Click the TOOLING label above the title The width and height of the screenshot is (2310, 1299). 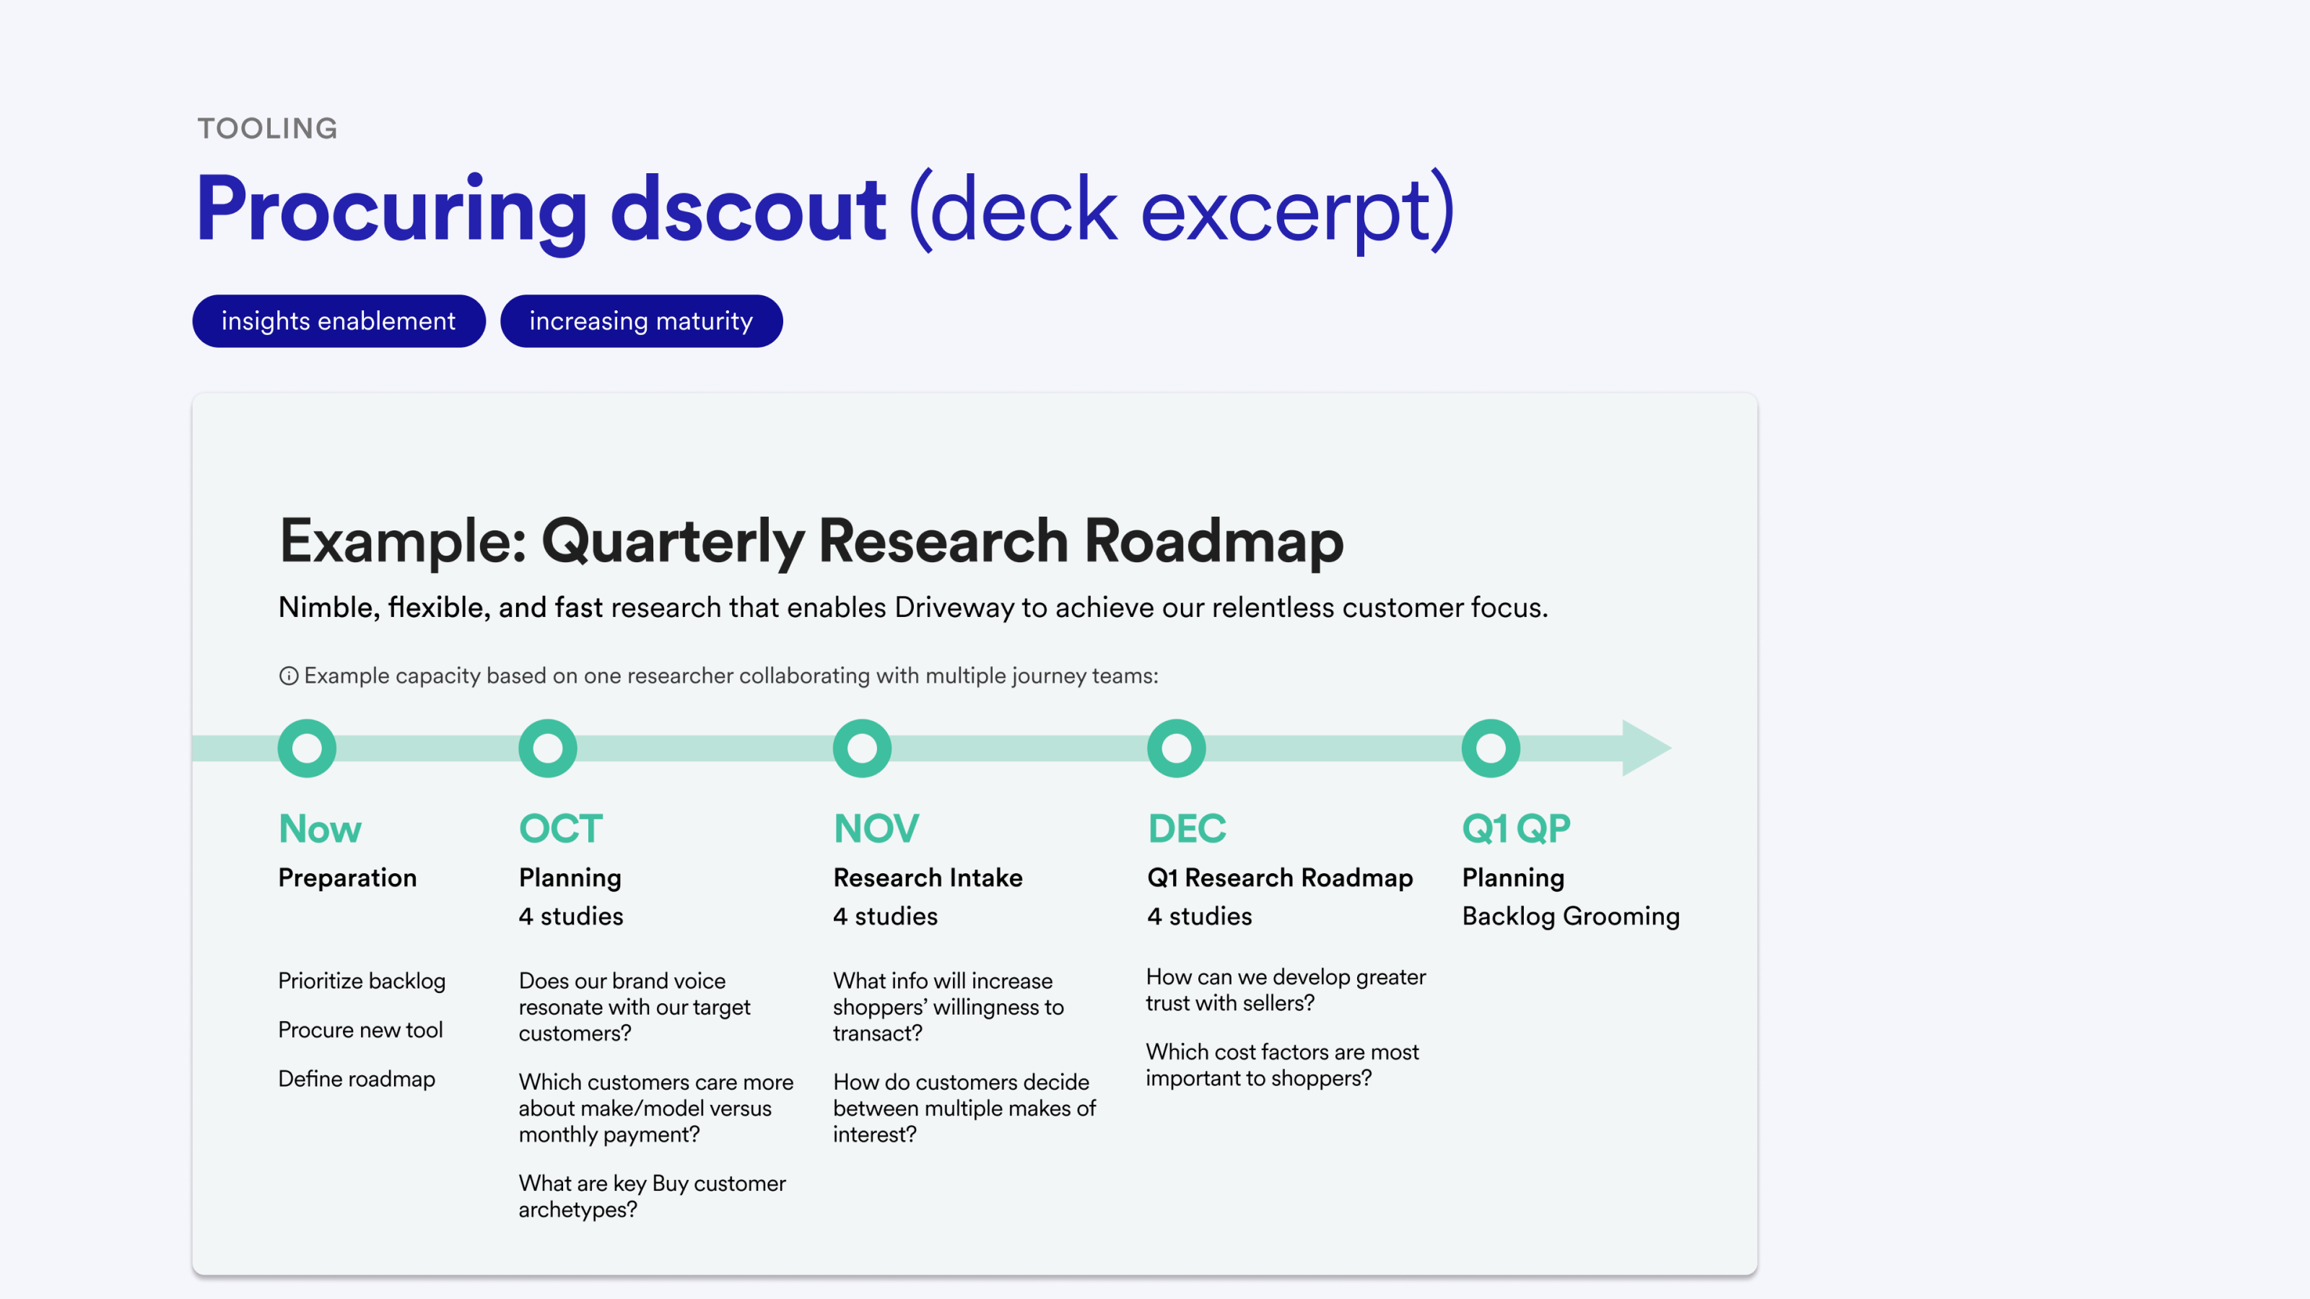tap(267, 128)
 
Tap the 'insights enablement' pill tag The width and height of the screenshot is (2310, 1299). tap(339, 321)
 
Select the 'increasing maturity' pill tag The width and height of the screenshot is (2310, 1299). tap(641, 321)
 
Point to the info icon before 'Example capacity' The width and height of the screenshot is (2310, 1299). tap(289, 676)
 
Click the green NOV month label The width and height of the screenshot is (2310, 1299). tap(876, 829)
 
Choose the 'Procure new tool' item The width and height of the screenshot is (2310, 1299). tap(360, 1030)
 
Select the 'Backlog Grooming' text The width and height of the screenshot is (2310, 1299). tap(1571, 917)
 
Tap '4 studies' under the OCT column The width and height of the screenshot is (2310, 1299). tap(571, 917)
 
